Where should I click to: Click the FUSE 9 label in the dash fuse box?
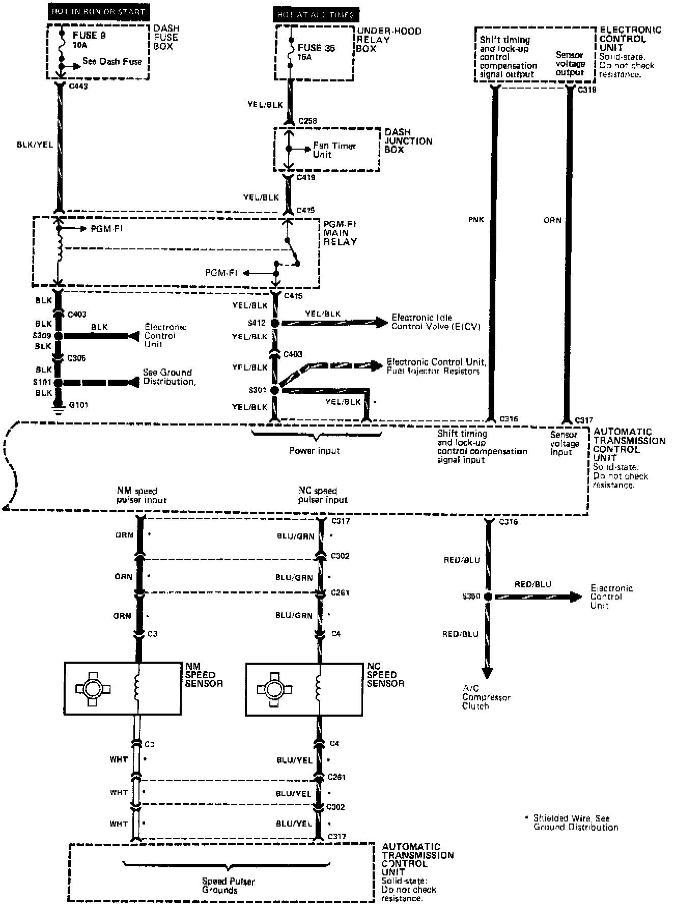click(x=90, y=36)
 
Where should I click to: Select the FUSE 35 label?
click(x=316, y=48)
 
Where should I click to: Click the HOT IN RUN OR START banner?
click(x=99, y=12)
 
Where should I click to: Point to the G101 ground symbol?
click(x=59, y=410)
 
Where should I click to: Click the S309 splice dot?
click(x=58, y=336)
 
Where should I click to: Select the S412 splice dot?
click(x=275, y=323)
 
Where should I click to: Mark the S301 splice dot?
click(x=275, y=390)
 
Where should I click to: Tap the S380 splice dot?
click(x=488, y=597)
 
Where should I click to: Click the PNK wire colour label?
click(x=476, y=220)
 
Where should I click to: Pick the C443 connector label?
click(x=78, y=87)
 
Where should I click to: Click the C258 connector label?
click(x=308, y=121)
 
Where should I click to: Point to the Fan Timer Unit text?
click(x=334, y=150)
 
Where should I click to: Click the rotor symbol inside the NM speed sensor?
click(x=93, y=689)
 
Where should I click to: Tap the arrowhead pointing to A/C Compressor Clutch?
click(x=487, y=673)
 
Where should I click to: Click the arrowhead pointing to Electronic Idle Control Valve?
click(x=382, y=322)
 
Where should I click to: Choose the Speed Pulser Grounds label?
click(x=228, y=886)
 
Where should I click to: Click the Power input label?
click(x=315, y=451)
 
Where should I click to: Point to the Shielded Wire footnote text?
click(x=575, y=823)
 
